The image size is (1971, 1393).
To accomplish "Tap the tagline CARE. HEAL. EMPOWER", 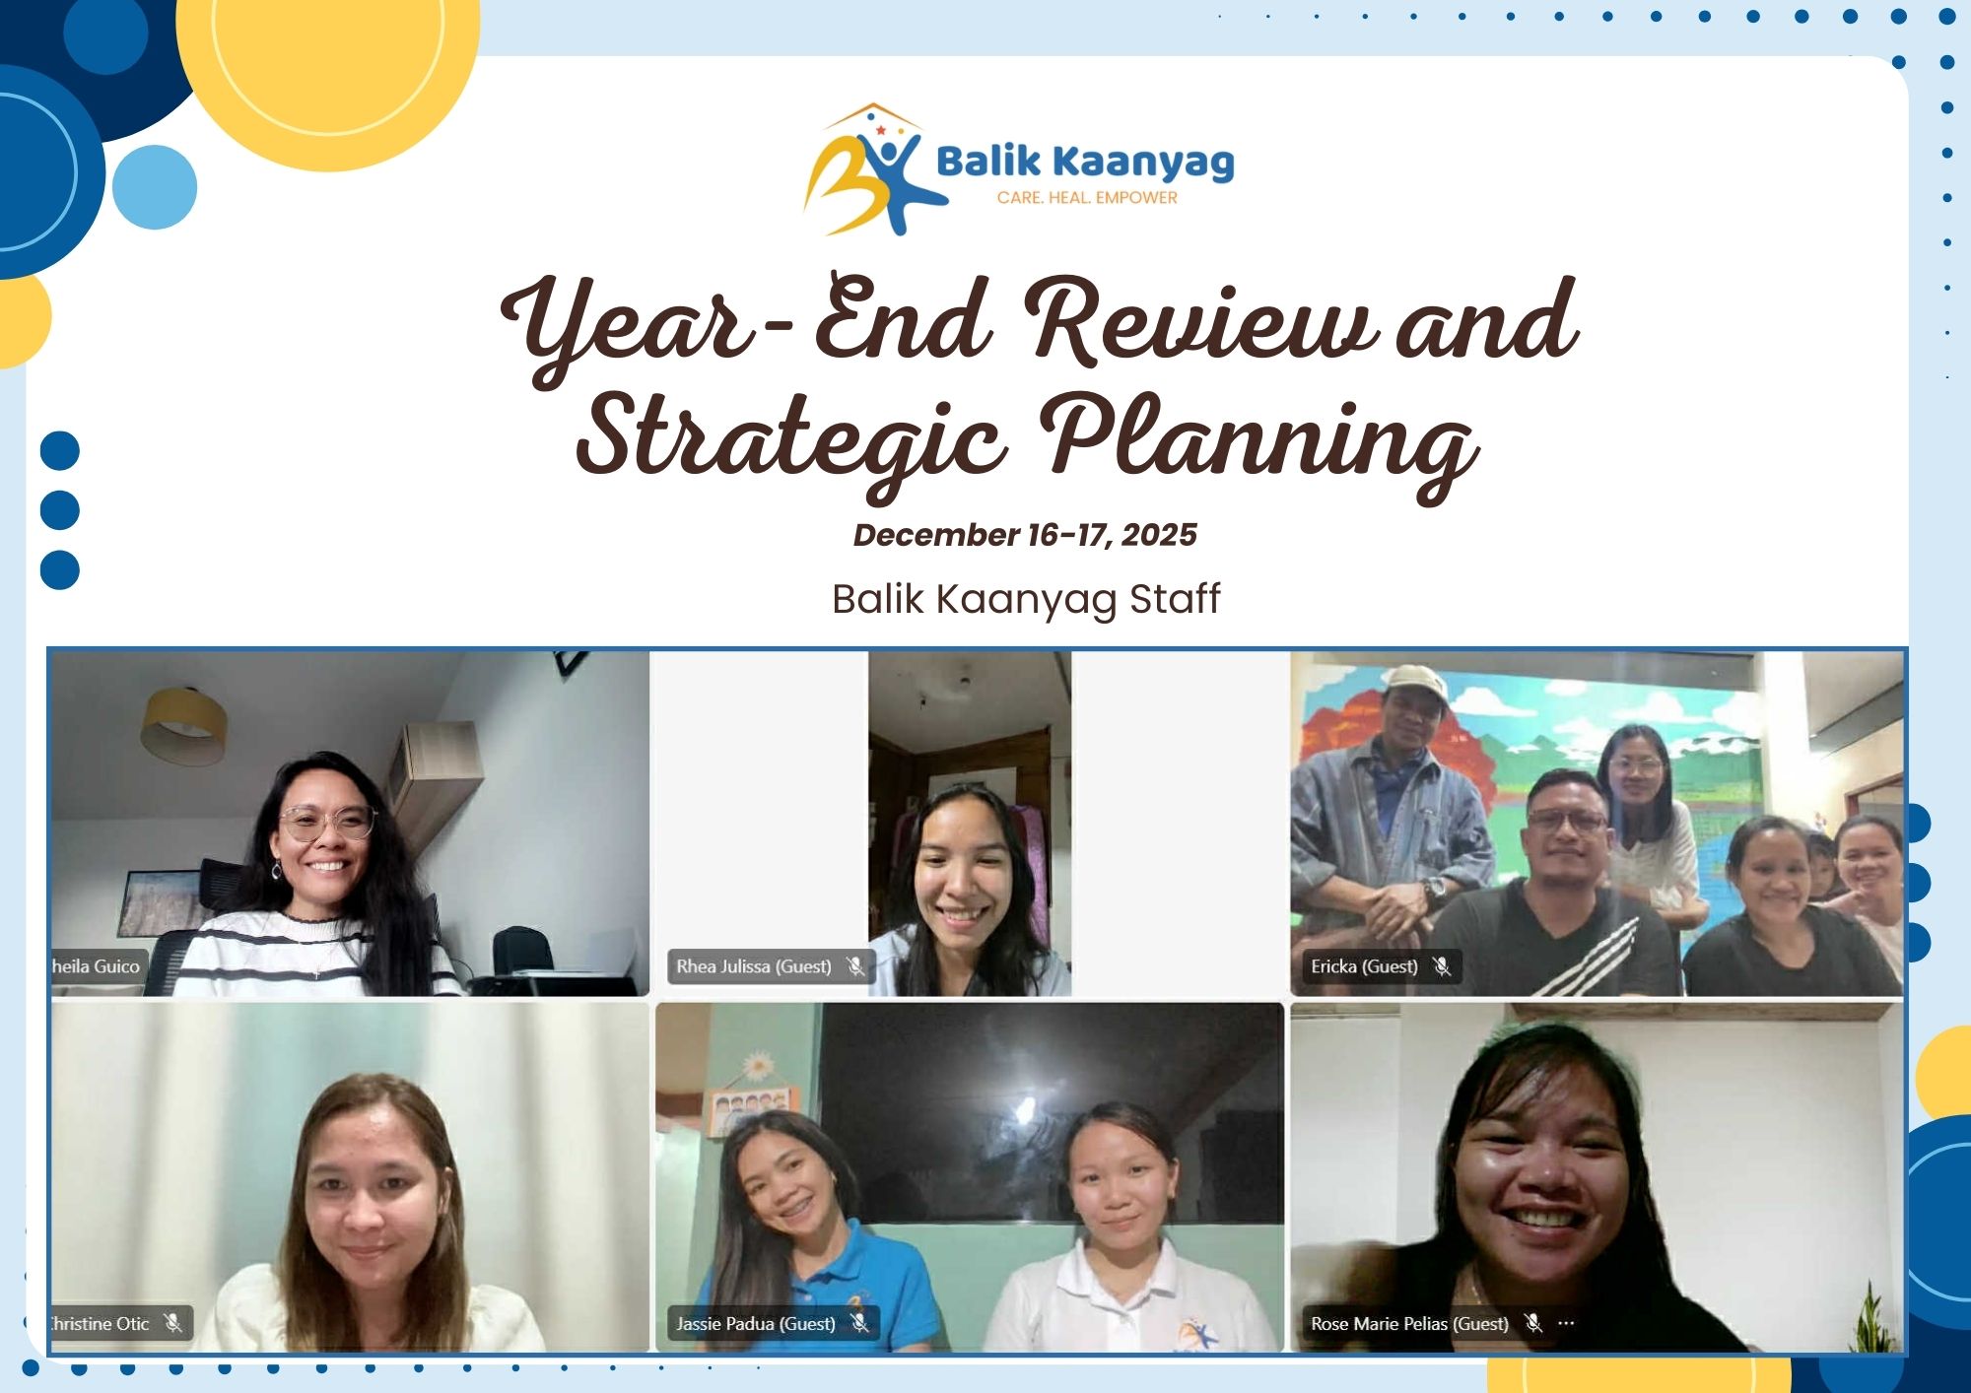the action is click(x=1087, y=198).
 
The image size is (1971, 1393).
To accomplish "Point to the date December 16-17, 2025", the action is click(x=1025, y=535).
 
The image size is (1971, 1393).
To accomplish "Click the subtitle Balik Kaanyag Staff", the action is click(x=1026, y=599).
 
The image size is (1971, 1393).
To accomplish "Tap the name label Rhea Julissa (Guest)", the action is click(x=754, y=966).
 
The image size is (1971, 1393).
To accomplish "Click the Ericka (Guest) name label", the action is click(x=1364, y=966).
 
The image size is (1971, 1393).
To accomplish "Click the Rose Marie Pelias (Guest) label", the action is click(x=1409, y=1323).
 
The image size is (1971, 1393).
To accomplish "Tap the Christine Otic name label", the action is click(x=100, y=1323).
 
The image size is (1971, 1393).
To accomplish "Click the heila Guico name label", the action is click(x=96, y=966).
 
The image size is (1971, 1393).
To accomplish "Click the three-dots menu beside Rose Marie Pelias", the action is click(x=1566, y=1323).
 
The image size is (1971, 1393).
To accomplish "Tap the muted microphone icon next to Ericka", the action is click(x=1442, y=966).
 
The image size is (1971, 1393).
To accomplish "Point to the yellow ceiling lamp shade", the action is click(x=184, y=726).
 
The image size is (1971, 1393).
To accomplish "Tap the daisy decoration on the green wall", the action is click(x=758, y=1066).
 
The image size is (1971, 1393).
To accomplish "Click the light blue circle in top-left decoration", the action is click(x=155, y=187).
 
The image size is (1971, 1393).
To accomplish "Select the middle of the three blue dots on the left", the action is click(x=60, y=510).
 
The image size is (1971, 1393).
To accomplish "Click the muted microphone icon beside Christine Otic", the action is click(x=173, y=1323).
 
